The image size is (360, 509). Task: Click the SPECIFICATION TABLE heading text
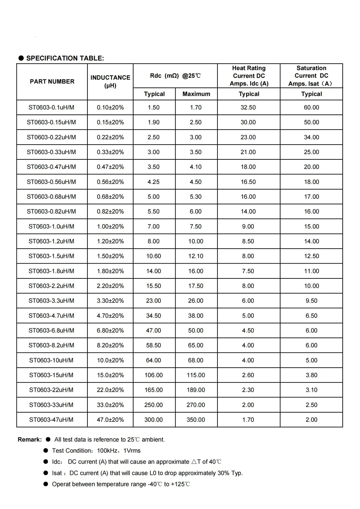pos(65,58)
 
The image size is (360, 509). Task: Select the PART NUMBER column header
pos(52,82)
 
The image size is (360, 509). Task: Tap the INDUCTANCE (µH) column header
pos(110,81)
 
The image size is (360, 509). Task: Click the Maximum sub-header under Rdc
pos(196,94)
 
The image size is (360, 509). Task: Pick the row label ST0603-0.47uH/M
pos(51,167)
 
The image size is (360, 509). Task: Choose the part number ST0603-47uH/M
pos(51,420)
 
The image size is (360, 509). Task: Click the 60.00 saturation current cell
pos(311,108)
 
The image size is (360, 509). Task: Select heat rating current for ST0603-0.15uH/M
pos(248,122)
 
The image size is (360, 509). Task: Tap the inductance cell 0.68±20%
pos(110,197)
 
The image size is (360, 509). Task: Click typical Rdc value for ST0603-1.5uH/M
pos(154,256)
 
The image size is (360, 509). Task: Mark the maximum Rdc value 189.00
pos(196,390)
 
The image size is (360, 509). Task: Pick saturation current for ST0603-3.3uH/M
pos(311,301)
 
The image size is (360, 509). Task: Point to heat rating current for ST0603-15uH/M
pos(248,375)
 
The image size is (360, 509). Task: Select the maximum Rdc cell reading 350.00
pos(196,420)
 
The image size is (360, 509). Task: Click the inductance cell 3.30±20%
pos(110,301)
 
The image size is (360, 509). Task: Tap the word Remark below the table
pos(30,440)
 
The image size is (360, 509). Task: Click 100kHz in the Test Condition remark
pos(107,451)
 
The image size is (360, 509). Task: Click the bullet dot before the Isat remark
pos(46,473)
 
